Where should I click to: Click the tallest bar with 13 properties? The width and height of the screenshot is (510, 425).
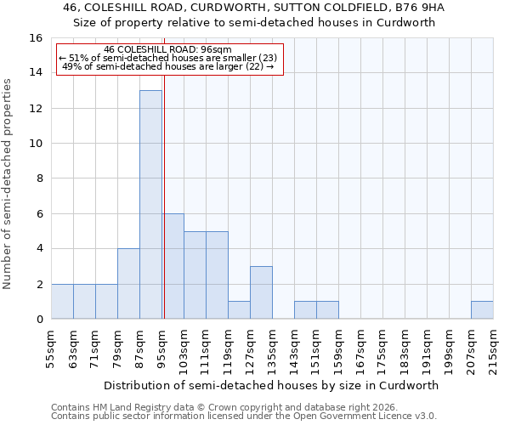click(150, 204)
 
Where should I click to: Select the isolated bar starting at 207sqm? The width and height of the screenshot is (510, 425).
click(482, 310)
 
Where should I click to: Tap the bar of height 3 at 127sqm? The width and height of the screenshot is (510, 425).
click(261, 292)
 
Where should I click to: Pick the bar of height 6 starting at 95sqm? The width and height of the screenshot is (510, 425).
click(173, 266)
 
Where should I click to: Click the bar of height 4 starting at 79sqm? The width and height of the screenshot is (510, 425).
click(128, 284)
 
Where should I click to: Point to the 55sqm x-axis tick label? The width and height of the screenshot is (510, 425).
click(51, 348)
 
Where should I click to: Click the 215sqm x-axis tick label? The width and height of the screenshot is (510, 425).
click(493, 348)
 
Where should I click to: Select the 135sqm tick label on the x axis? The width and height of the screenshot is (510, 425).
click(272, 348)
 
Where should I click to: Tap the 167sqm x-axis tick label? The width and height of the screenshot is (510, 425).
click(360, 348)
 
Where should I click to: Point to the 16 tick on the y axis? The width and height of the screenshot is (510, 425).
click(36, 38)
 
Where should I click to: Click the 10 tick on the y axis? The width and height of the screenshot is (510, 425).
click(36, 144)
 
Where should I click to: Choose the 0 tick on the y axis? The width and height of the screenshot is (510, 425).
click(39, 320)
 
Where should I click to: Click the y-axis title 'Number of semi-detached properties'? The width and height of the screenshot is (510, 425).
click(8, 184)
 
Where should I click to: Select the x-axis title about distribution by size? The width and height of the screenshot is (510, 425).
click(272, 385)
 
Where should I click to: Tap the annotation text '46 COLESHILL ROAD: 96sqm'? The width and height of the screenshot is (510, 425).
click(167, 49)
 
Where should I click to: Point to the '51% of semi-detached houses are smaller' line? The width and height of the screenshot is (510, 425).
click(167, 58)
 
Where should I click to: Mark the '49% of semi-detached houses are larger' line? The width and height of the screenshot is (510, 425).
click(167, 66)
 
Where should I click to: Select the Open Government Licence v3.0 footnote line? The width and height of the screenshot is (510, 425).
click(244, 416)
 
